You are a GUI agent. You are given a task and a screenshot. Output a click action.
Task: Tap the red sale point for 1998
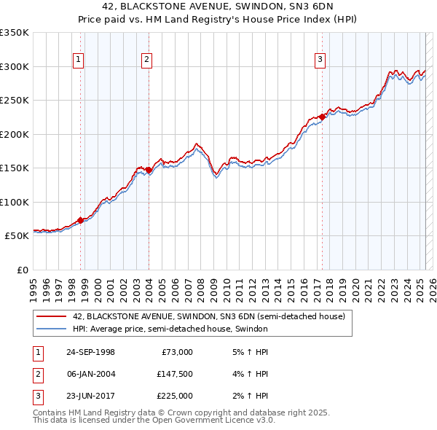[x=81, y=220]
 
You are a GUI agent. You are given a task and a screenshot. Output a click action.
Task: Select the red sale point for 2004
[x=149, y=170]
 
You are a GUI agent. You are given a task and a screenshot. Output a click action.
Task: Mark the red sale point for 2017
[x=322, y=117]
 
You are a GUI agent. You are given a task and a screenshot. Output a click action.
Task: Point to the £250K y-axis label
[x=14, y=101]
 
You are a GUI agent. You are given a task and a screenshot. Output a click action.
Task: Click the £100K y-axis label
[x=14, y=202]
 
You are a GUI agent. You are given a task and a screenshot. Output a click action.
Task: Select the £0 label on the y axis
[x=21, y=270]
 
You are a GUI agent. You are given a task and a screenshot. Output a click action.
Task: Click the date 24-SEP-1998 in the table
[x=90, y=352]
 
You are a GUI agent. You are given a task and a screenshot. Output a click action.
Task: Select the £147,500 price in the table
[x=175, y=374]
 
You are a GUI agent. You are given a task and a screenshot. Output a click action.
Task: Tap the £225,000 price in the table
[x=175, y=396]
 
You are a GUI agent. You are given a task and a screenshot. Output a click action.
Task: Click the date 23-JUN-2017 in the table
[x=90, y=396]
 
